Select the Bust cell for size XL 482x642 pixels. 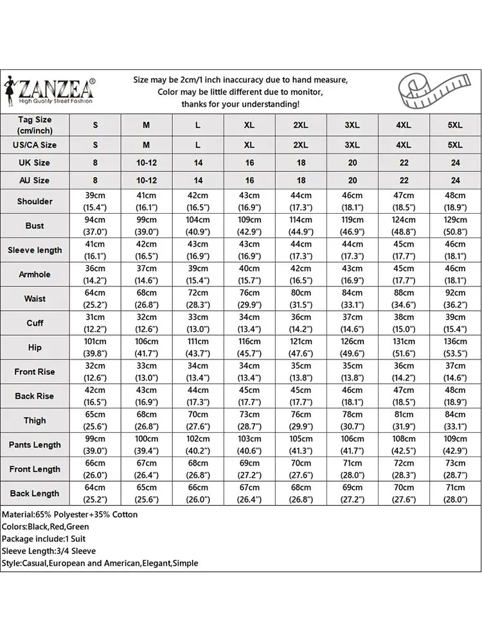pos(249,225)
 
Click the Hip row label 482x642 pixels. pos(35,347)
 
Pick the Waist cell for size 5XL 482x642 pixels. pos(455,299)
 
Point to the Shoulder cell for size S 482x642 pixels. pos(95,201)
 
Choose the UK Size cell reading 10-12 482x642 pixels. pos(147,162)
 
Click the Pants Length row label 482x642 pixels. pos(35,445)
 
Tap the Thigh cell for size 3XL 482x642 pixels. pos(352,421)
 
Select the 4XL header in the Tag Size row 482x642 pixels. pos(404,125)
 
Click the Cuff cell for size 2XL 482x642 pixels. pos(301,323)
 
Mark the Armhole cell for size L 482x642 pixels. pos(198,274)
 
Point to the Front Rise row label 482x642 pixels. pos(35,372)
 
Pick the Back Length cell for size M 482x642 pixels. pos(147,494)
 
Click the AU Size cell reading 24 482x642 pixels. pos(455,180)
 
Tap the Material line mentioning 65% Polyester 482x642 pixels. pos(70,514)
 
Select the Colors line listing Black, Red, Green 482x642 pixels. pos(45,526)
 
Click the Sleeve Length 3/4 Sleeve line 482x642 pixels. pos(49,551)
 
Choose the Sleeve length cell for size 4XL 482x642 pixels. pos(404,250)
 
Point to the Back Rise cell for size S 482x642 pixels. pos(95,396)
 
